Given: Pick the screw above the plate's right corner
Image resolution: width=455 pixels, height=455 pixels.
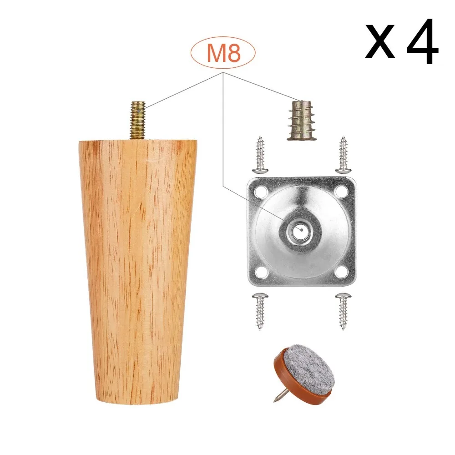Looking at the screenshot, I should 343,155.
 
